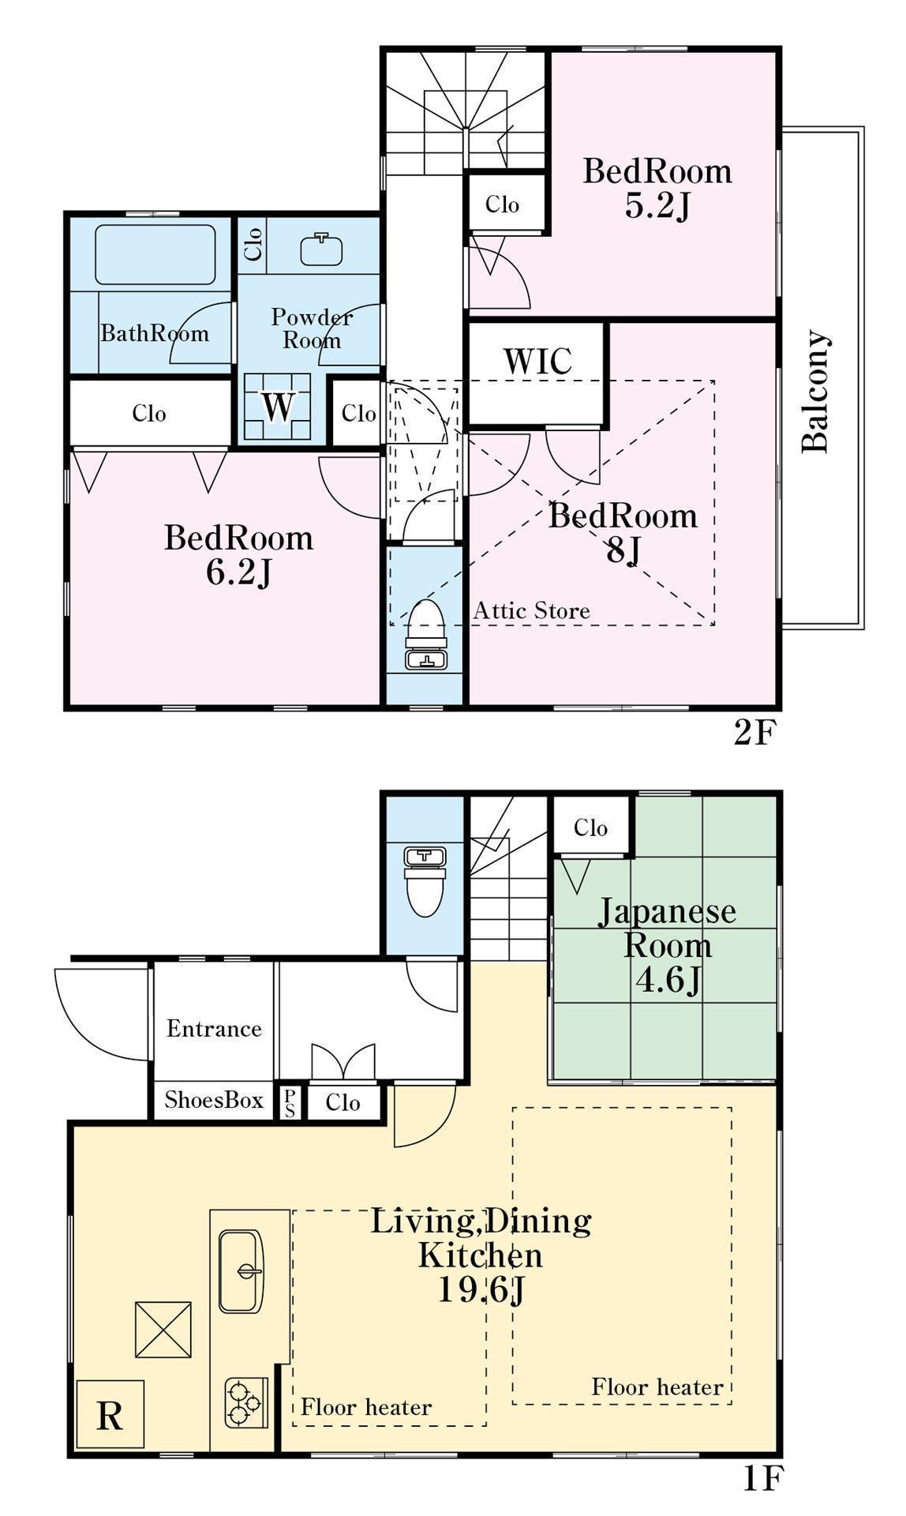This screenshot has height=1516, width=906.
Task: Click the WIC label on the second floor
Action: (537, 362)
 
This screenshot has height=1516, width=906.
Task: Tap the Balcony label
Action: (815, 392)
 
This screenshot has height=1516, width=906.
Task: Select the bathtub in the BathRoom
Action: (155, 254)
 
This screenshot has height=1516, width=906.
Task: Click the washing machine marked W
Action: (277, 406)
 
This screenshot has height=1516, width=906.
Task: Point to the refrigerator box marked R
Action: (110, 1414)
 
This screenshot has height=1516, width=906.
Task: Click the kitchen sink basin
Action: (241, 1270)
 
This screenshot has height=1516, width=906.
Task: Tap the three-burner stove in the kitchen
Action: (245, 1402)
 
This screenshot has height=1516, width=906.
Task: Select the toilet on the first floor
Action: (425, 881)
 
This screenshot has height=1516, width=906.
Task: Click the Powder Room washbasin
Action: (322, 249)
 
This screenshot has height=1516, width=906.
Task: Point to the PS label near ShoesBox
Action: (290, 1103)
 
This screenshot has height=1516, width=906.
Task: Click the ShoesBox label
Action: (214, 1100)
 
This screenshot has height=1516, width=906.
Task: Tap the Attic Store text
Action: (532, 610)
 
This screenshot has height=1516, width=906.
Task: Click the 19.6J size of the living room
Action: (481, 1289)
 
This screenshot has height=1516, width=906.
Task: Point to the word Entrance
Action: (214, 1029)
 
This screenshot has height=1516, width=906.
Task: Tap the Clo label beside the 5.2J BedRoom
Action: (503, 205)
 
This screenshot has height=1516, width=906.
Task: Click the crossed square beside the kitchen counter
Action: (163, 1330)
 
